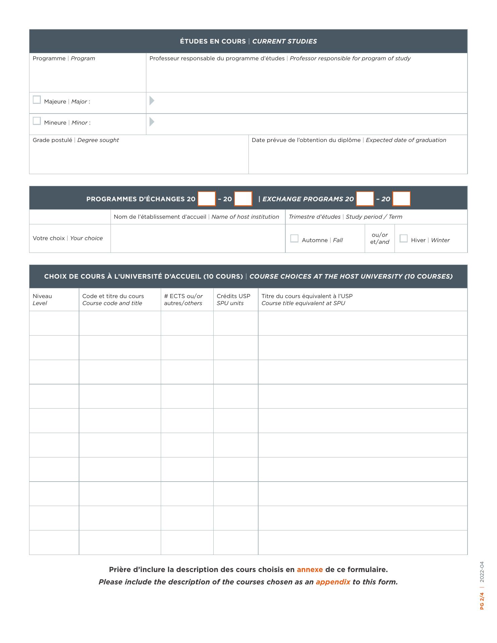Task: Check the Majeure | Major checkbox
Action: pos(37,100)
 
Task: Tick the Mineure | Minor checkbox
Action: pos(37,121)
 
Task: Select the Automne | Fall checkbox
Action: pos(294,238)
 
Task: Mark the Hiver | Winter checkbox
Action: pos(404,238)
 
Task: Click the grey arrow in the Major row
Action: pos(152,100)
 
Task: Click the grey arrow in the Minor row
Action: pos(152,122)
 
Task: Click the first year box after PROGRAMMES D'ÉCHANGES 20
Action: pos(207,199)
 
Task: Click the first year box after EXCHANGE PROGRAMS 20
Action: pos(365,199)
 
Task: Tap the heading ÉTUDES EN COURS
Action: pos(213,41)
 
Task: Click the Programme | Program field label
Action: pos(64,58)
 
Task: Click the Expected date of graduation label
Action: pos(406,140)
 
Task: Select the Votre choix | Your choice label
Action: pos(68,238)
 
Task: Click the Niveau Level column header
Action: pos(42,299)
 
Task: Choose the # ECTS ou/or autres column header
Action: pos(183,299)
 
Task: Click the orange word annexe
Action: pos(310,569)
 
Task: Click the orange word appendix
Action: pos(333,582)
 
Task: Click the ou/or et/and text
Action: pos(379,238)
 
